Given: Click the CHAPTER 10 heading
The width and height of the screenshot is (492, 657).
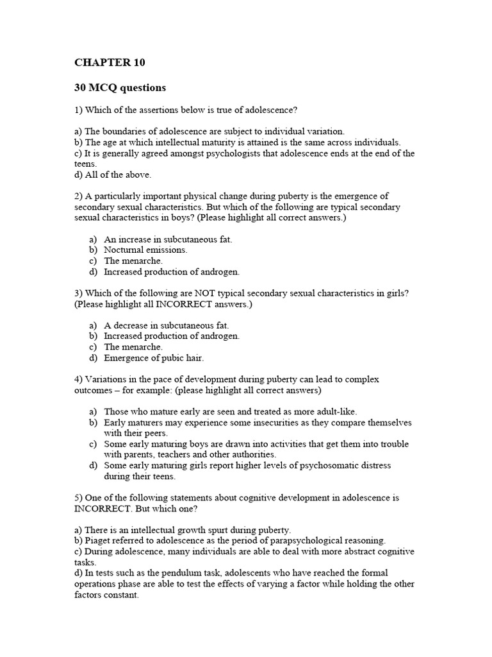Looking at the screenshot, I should tap(110, 62).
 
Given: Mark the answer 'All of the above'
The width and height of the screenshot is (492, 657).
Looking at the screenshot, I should tap(113, 175).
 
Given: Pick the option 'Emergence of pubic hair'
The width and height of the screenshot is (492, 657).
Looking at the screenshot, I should tap(154, 357).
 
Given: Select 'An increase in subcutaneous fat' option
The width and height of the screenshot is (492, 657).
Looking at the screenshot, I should tap(168, 239).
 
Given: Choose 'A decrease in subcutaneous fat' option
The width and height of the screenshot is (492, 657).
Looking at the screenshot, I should tap(166, 325).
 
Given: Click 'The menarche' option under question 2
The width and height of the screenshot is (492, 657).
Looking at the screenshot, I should tap(133, 260).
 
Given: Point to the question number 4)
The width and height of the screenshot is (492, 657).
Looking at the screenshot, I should tap(79, 379).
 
